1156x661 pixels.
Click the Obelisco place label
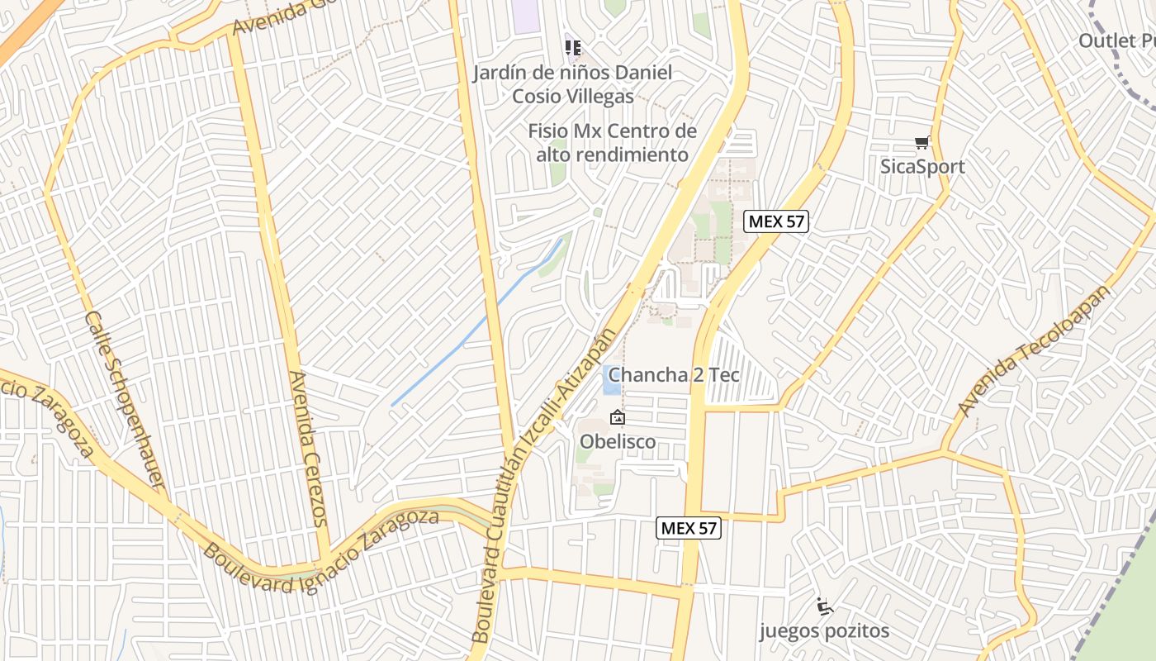point(618,442)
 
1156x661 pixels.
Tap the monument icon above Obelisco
point(617,418)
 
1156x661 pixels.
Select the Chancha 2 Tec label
point(674,375)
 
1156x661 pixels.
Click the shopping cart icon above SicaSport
point(921,143)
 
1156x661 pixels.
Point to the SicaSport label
point(921,167)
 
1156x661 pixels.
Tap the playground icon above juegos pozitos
point(824,607)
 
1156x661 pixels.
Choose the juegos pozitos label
point(824,632)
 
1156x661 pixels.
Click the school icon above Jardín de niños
point(572,48)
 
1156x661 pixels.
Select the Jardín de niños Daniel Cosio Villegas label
point(572,84)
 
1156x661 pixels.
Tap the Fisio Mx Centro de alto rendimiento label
point(612,143)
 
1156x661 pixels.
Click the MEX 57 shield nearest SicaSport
point(775,221)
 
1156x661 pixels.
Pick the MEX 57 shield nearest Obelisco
point(689,528)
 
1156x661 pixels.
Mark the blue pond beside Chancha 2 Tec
point(611,380)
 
